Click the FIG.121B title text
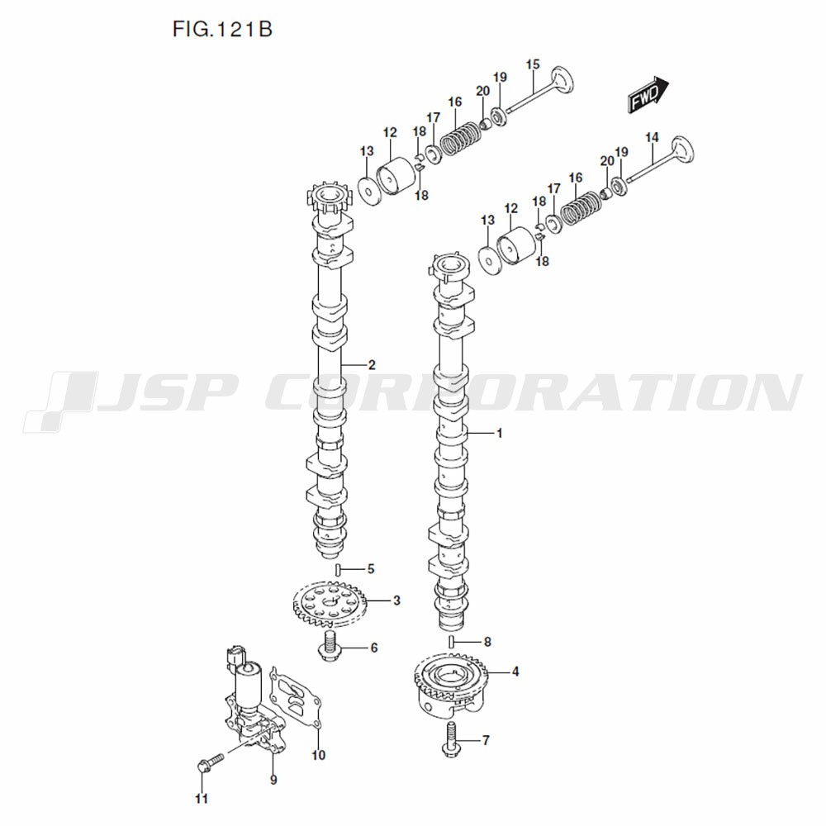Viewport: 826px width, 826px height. point(222,29)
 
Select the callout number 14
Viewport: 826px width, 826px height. point(652,137)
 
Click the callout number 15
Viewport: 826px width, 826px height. point(533,64)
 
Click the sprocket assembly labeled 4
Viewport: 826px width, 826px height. point(451,684)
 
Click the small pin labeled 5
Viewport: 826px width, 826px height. point(338,569)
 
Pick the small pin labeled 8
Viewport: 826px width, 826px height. point(452,642)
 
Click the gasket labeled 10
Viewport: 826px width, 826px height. point(296,700)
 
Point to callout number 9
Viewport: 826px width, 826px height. point(273,779)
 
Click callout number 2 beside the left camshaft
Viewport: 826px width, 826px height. point(372,365)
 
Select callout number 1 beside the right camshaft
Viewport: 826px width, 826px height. point(500,434)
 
